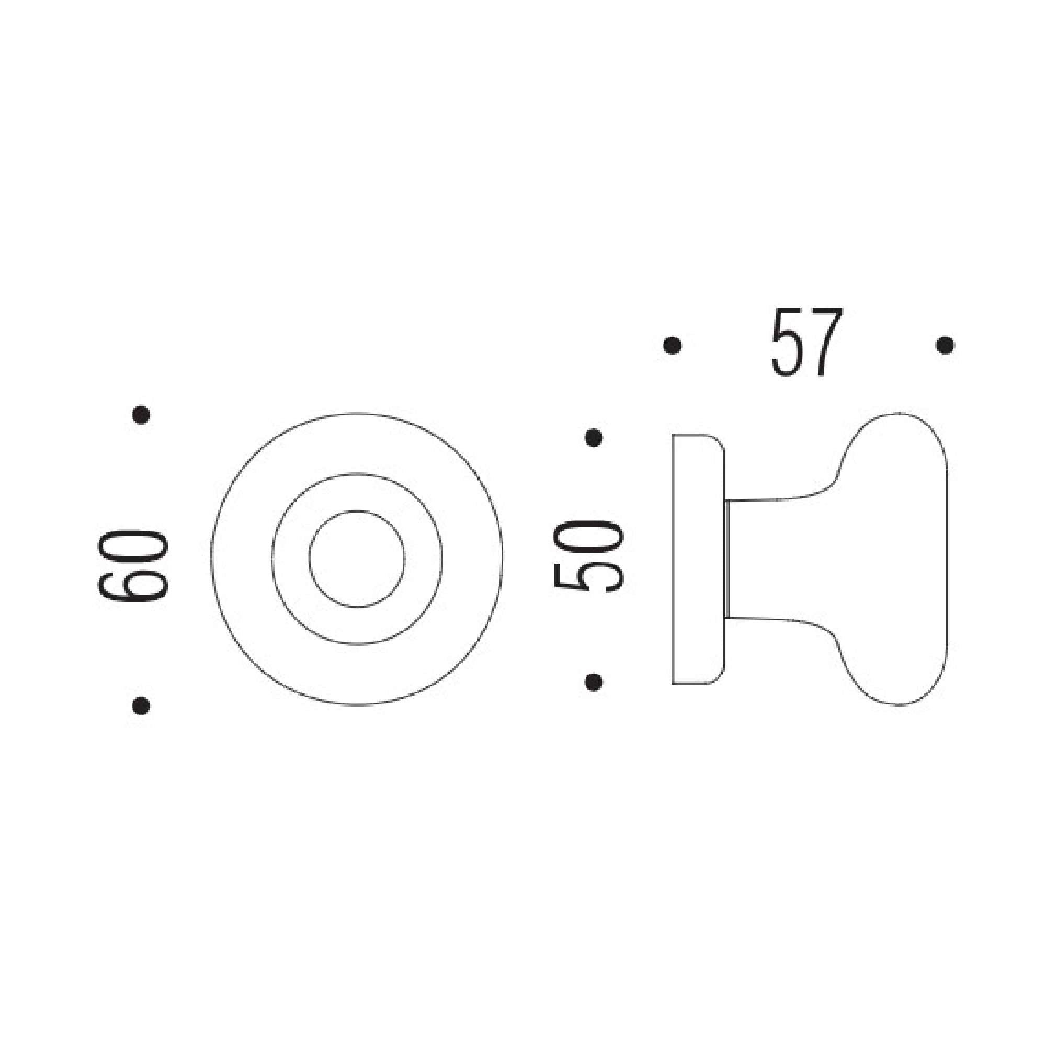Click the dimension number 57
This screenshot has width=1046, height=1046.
tap(806, 343)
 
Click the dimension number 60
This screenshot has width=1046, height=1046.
tap(133, 566)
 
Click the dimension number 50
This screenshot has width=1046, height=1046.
tap(589, 555)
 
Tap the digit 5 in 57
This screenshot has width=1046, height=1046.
tap(788, 343)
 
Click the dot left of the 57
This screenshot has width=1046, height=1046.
tap(672, 345)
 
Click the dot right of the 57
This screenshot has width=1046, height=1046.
tap(945, 345)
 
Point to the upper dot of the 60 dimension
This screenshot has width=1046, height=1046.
tap(141, 415)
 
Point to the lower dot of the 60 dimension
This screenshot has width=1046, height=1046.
tap(141, 706)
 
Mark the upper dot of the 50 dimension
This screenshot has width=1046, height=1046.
tap(594, 437)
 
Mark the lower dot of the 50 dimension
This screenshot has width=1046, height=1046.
tap(594, 682)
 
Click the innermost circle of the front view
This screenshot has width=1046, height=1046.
tap(357, 559)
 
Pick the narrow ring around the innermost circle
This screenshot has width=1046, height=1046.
tap(290, 559)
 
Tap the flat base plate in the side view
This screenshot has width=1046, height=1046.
tap(697, 559)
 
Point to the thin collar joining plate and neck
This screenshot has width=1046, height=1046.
tap(727, 559)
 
